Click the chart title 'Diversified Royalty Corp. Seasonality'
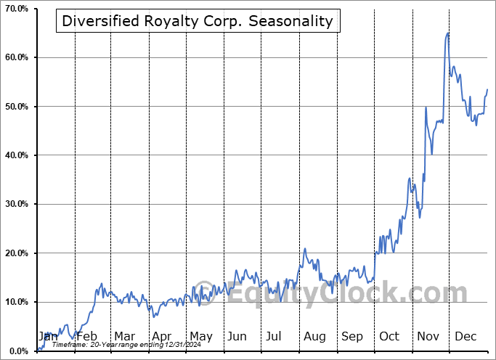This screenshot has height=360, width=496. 198,21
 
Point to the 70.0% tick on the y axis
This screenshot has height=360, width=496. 16,9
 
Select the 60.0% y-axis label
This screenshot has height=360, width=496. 16,57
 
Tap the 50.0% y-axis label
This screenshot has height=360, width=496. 16,107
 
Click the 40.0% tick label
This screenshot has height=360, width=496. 16,155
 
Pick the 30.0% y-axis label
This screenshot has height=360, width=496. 16,204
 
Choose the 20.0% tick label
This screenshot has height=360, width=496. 16,253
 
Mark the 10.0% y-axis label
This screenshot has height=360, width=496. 16,302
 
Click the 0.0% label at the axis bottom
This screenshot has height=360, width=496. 18,351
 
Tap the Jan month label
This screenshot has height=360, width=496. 48,336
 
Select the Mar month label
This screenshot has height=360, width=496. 124,336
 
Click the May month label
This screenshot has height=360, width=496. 200,336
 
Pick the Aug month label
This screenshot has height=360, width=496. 314,336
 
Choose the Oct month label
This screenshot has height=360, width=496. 389,336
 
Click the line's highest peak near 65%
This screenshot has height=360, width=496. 447,33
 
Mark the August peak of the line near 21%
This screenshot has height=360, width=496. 305,248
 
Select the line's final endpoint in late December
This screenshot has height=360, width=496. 487,89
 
